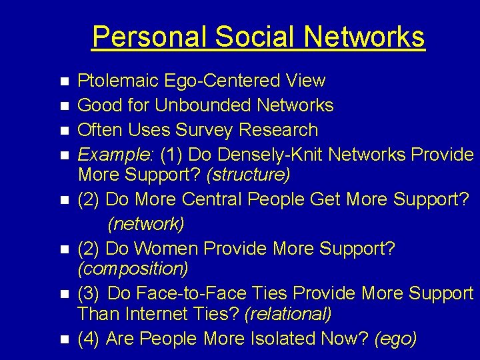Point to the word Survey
(x=200, y=129)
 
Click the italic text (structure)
(x=248, y=175)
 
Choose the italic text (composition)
(x=133, y=269)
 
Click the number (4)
(x=89, y=339)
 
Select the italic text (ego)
(x=396, y=339)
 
